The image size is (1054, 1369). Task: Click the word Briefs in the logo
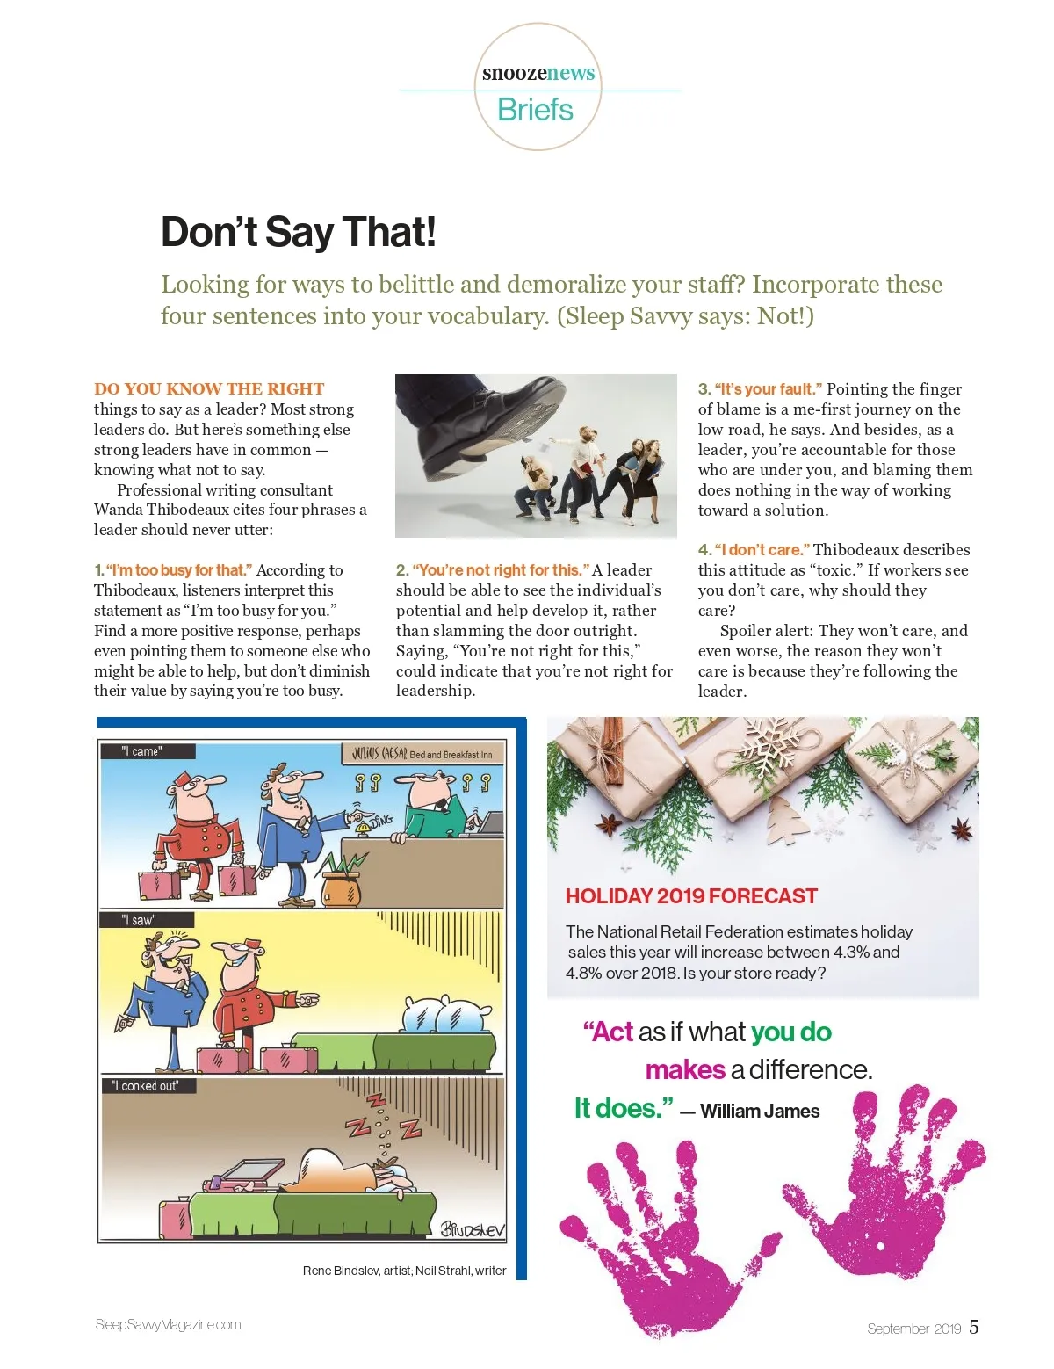(535, 110)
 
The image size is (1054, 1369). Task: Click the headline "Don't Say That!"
(298, 232)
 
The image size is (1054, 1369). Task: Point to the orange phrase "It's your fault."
(768, 389)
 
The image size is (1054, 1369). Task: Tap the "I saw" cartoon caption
(139, 920)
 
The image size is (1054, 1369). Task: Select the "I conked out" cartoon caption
(146, 1086)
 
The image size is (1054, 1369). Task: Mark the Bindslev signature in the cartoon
(473, 1228)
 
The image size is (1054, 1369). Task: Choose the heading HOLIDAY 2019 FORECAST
(691, 896)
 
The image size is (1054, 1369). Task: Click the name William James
(760, 1112)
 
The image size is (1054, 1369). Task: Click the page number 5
(974, 1327)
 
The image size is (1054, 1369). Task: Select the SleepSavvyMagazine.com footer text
(168, 1325)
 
